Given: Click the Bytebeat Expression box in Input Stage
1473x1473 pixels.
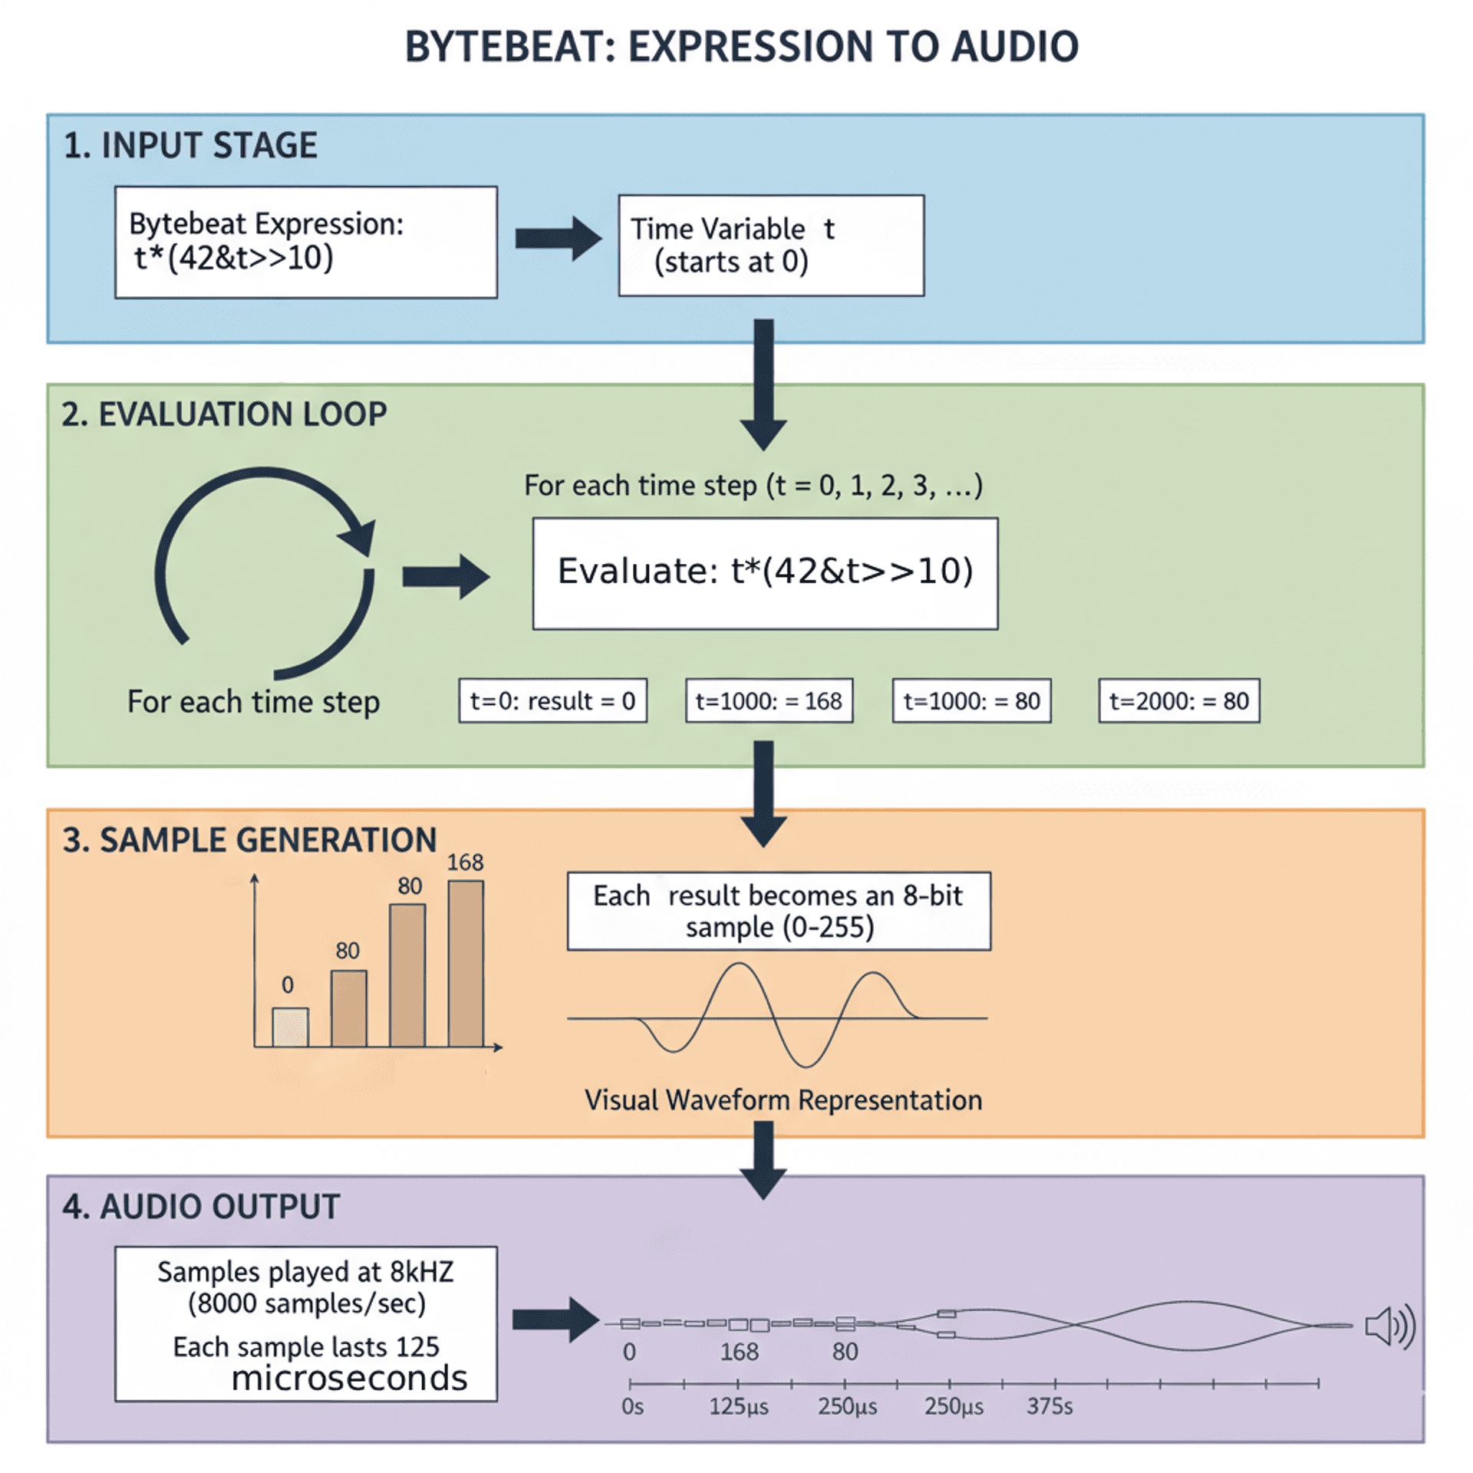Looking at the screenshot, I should tap(305, 242).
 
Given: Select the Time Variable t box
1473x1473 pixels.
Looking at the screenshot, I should tap(770, 245).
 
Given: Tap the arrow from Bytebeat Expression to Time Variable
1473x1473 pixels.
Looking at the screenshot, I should tap(557, 238).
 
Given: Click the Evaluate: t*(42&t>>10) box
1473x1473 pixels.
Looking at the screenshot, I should tap(765, 573).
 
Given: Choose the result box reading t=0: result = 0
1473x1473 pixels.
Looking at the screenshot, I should tap(552, 700).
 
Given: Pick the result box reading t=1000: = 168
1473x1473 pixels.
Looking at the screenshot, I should tap(769, 700).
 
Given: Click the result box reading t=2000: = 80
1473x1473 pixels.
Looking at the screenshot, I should tap(1178, 700).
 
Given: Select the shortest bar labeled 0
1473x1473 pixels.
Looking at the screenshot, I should tap(291, 1026).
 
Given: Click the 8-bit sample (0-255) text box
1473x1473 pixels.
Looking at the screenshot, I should tap(778, 911).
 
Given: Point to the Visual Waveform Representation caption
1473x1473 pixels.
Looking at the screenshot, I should tap(783, 1099).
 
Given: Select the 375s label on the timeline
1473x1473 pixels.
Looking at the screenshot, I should tap(1049, 1406).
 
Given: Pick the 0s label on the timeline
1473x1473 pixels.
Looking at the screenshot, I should tap(632, 1406).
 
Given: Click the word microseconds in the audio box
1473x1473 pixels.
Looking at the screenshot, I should tap(349, 1378).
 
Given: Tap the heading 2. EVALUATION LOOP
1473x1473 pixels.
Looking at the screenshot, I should tap(224, 414).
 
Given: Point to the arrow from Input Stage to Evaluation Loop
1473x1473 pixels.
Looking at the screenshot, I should tap(763, 384).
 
